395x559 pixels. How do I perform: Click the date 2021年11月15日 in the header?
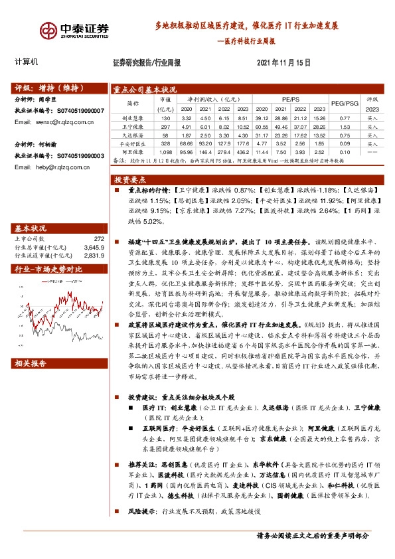(x=283, y=62)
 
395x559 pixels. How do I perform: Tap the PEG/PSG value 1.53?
(x=345, y=125)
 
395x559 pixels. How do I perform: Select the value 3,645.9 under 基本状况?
(x=94, y=247)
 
